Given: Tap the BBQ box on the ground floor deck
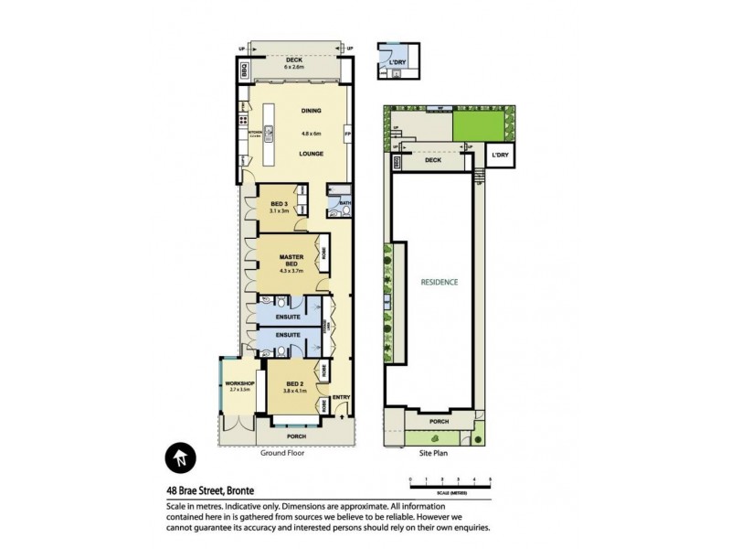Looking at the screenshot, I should click(x=244, y=69).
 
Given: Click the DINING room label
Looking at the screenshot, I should click(x=312, y=112).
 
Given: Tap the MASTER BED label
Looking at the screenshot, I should click(x=291, y=261).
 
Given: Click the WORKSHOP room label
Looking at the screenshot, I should click(x=238, y=382).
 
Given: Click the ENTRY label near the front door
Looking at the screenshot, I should click(x=341, y=396).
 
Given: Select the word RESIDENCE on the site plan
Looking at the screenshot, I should click(x=439, y=282).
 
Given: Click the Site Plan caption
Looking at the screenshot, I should click(x=433, y=452).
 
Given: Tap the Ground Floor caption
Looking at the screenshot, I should click(x=283, y=452).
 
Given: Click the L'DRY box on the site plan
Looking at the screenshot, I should click(x=499, y=156).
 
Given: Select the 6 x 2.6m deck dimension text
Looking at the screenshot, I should click(x=298, y=68).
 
